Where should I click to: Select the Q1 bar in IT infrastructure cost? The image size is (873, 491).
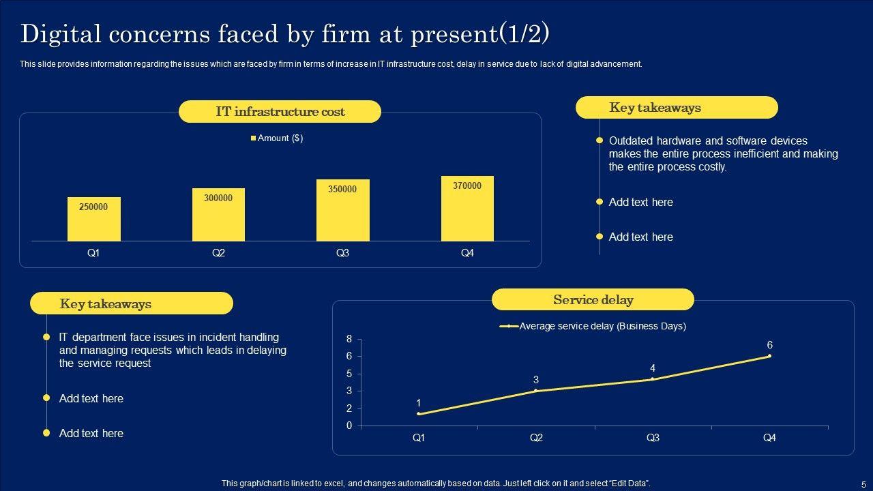click(93, 219)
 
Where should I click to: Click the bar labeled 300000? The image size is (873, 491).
click(218, 215)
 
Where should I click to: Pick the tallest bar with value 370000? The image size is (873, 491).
click(467, 209)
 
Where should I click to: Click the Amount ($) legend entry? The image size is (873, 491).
click(277, 138)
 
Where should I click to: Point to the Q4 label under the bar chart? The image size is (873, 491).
click(467, 253)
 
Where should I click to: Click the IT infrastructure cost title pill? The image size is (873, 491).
click(280, 112)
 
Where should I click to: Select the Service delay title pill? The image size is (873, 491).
click(593, 300)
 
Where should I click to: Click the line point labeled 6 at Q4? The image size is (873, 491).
click(769, 356)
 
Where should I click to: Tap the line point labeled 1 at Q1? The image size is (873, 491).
click(419, 414)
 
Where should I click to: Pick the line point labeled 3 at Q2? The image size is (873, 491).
click(536, 391)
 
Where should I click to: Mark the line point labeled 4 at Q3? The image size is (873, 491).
click(653, 379)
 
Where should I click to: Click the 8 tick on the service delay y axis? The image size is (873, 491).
click(349, 339)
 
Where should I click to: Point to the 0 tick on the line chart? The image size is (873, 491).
click(349, 426)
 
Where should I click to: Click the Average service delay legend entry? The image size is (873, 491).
click(593, 327)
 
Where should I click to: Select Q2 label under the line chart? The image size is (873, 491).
click(536, 438)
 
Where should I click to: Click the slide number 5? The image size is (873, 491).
click(863, 484)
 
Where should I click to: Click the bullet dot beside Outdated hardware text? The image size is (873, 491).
click(600, 140)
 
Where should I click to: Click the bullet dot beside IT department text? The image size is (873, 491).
click(46, 337)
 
